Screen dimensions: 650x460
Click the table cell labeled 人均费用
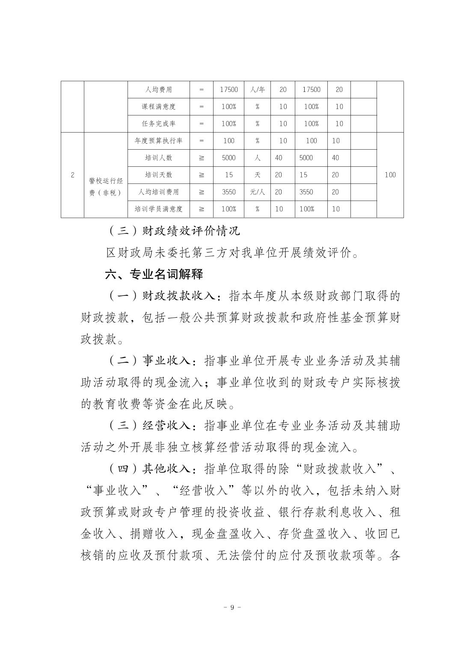point(158,90)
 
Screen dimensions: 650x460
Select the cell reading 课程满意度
point(158,106)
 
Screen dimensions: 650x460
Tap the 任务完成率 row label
point(158,124)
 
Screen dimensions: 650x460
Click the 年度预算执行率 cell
point(158,141)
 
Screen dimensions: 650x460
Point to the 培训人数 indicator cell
point(158,158)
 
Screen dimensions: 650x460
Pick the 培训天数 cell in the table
point(158,175)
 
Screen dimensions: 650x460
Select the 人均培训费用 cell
point(158,192)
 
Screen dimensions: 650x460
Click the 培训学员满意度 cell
point(158,209)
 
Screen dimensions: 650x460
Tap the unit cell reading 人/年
point(257,90)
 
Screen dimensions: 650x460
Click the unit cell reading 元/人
point(257,192)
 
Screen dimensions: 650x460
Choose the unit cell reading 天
point(257,175)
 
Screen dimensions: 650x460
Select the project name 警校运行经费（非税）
point(105,186)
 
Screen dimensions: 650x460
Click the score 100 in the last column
point(390,175)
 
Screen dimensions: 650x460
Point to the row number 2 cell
point(72,175)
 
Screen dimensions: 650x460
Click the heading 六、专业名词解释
point(154,274)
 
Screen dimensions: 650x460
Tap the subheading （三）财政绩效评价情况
point(173,231)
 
